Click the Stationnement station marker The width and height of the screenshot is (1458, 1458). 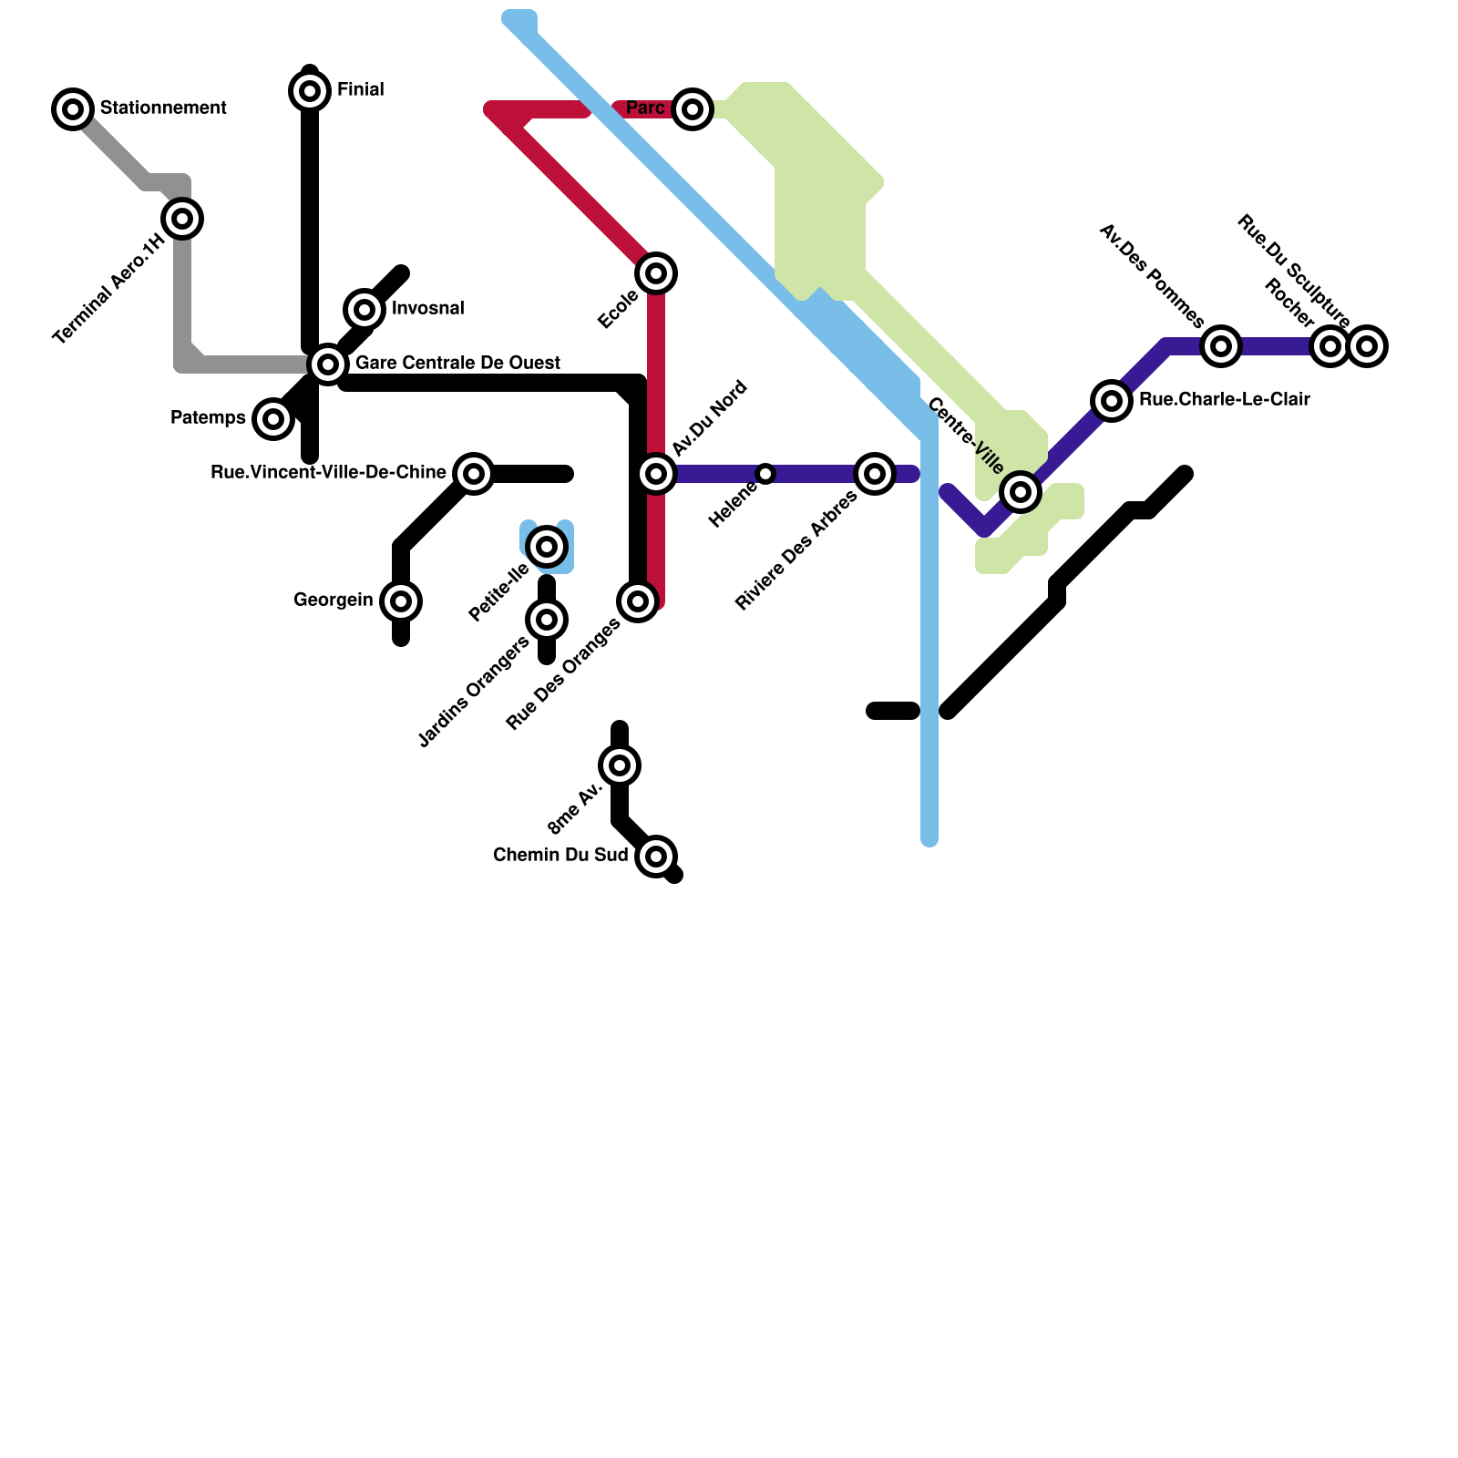73,109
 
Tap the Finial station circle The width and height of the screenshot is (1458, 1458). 310,91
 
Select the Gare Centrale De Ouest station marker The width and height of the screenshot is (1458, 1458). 328,364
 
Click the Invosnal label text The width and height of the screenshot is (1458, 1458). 427,309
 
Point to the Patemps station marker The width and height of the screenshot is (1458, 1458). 273,419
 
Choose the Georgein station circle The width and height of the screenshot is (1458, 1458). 401,601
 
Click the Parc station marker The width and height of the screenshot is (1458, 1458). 693,109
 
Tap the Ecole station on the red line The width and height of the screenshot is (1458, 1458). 656,272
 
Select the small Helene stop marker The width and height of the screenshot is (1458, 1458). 765,474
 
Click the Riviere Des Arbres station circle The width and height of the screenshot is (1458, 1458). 875,474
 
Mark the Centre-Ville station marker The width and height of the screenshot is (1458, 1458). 1021,492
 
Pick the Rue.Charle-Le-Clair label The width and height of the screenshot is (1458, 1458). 1224,400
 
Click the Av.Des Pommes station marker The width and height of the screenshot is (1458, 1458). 1221,346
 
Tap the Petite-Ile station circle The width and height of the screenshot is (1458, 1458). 547,547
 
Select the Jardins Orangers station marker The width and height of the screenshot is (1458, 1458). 547,620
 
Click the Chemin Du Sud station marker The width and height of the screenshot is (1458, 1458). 656,857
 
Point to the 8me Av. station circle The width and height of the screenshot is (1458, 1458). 620,765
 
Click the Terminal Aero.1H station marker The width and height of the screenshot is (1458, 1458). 182,219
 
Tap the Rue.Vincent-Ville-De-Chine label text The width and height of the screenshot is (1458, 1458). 328,473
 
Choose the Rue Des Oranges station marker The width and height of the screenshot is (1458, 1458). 638,601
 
